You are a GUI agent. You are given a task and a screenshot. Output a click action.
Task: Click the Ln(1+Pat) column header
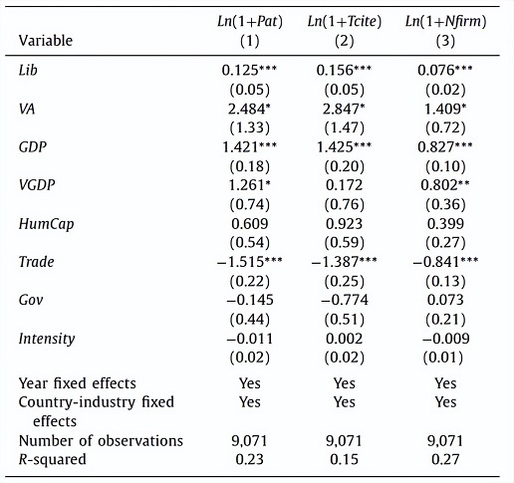pos(250,22)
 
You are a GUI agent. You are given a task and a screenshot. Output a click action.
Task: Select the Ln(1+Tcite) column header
pos(345,22)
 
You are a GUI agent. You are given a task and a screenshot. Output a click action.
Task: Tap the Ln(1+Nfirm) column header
pos(445,22)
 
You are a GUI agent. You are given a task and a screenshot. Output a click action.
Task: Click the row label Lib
pos(28,70)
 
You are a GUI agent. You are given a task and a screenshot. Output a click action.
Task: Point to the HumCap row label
pos(46,224)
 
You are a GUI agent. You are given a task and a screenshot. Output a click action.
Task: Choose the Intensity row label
pos(47,339)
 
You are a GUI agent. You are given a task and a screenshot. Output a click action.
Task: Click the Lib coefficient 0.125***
pos(249,70)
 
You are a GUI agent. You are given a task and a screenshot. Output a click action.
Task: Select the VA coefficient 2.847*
pos(344,109)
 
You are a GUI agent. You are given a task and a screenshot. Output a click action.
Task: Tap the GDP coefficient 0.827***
pos(445,147)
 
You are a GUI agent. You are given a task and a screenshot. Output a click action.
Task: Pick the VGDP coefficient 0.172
pos(345,185)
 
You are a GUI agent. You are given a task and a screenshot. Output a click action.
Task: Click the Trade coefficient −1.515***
pos(250,262)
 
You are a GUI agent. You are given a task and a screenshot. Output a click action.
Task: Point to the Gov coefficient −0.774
pos(345,300)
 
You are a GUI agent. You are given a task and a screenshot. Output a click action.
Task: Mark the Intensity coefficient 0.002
pos(345,339)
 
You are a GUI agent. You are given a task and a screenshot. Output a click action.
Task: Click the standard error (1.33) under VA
pos(250,128)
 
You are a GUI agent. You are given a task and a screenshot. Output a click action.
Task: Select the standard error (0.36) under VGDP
pos(445,205)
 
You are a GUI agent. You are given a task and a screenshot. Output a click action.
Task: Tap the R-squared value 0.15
pos(345,459)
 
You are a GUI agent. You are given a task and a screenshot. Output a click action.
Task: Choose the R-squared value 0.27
pos(445,459)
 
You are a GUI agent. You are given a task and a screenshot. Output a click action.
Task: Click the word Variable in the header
pos(46,41)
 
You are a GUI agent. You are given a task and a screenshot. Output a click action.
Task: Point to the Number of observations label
pos(101,441)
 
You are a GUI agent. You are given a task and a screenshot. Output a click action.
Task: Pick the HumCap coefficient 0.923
pos(345,224)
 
